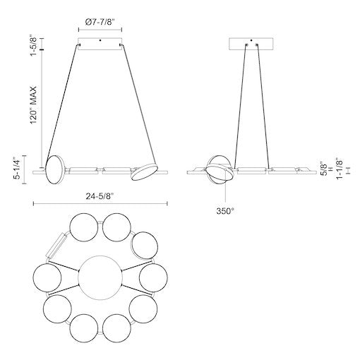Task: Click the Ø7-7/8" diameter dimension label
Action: [x=100, y=23]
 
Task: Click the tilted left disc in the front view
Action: [x=53, y=171]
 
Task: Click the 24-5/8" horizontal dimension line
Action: [x=100, y=203]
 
